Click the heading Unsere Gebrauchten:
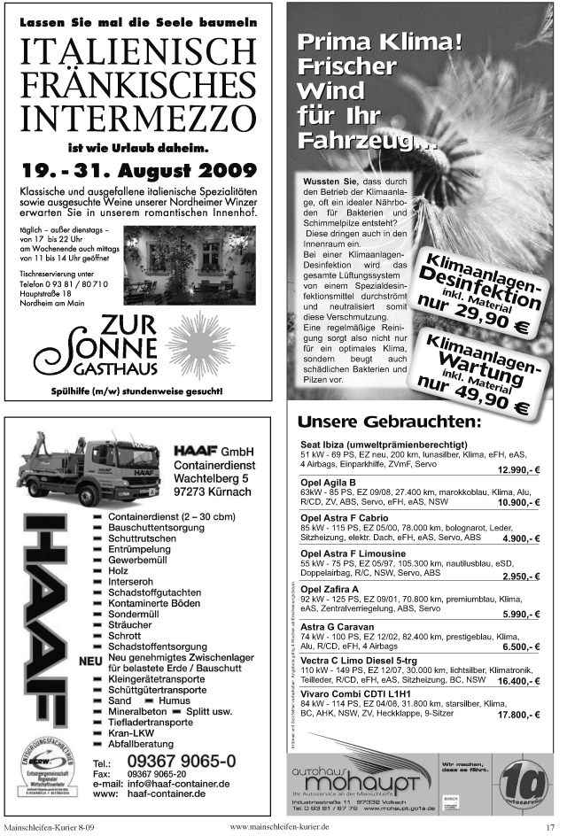coord(389,422)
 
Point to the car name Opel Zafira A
coord(330,588)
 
